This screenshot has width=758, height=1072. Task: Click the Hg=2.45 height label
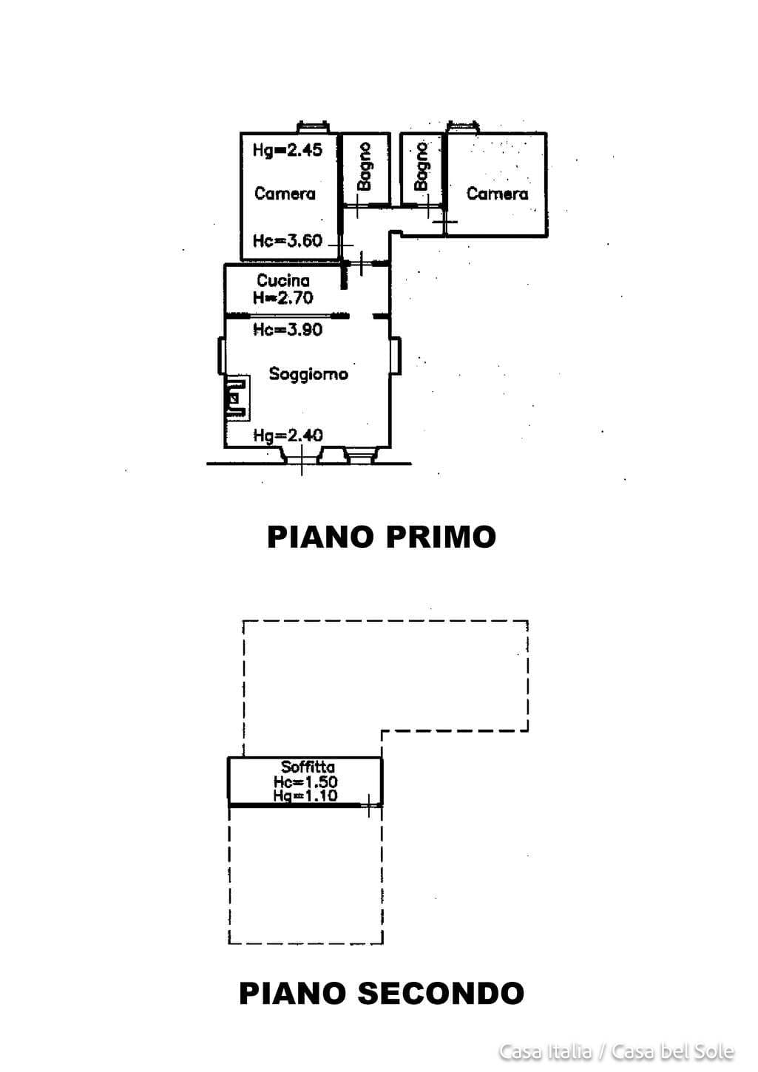pos(288,150)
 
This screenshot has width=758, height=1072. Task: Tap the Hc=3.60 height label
pos(288,240)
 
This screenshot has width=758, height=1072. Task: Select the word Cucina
pos(283,280)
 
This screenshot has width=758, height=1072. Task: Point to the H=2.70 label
pos(283,298)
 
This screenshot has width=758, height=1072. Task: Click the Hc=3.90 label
pos(288,329)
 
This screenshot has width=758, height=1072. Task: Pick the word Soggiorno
pos(308,374)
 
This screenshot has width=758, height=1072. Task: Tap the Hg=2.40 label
pos(288,435)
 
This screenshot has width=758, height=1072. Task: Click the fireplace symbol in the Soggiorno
pos(237,398)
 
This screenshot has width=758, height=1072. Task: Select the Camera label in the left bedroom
pos(285,194)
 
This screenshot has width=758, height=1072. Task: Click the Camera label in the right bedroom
pos(497,194)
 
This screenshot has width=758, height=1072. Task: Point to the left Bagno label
pos(365,166)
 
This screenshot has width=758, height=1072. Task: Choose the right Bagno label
pos(422,166)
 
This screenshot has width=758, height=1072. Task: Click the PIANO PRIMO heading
pos(381,537)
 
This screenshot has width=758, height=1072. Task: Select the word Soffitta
pos(308,767)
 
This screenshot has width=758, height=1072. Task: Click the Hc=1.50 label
pos(305,781)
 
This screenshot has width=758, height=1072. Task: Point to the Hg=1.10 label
pos(305,795)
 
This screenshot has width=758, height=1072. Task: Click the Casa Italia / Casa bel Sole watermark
pos(616,1051)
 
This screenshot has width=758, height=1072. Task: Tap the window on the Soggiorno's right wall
pos(396,356)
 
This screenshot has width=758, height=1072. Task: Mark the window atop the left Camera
pos(313,127)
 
